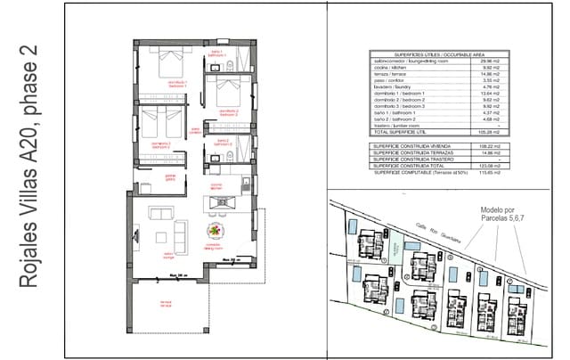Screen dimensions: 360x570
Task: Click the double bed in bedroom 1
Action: coord(167,65)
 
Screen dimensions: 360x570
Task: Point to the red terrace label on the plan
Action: coord(165,302)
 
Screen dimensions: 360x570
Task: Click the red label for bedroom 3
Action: coord(161,143)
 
